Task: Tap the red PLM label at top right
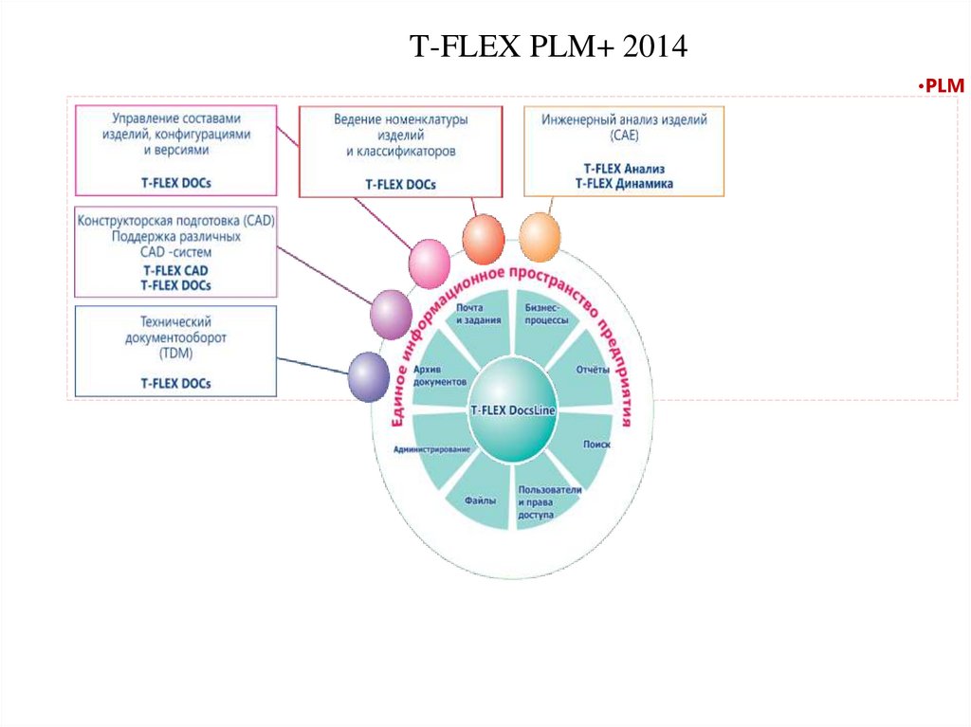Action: pos(941,86)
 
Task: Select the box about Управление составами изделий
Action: pos(175,150)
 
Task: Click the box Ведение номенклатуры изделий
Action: pos(401,151)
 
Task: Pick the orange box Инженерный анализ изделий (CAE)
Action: pos(624,151)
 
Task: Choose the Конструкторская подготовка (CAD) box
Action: pos(175,252)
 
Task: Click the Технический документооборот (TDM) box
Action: pos(175,351)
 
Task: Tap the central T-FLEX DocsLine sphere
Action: pos(513,410)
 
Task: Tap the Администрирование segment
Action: pos(432,449)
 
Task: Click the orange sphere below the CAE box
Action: pos(540,237)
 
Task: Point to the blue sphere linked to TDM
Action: pos(369,376)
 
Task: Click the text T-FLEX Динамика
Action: pos(624,183)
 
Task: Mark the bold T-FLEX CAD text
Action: pos(175,270)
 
